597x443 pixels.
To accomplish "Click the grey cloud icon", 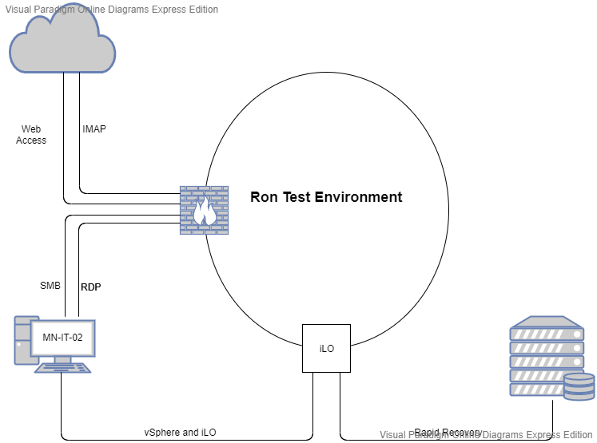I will [x=62, y=43].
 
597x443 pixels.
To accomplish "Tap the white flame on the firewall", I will [x=203, y=212].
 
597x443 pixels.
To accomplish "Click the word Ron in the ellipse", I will [x=264, y=197].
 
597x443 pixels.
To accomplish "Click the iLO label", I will [x=326, y=348].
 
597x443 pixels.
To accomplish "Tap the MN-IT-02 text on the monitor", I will [x=62, y=338].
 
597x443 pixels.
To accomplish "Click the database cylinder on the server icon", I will [x=579, y=386].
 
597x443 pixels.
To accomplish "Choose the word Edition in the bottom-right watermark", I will [x=575, y=435].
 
